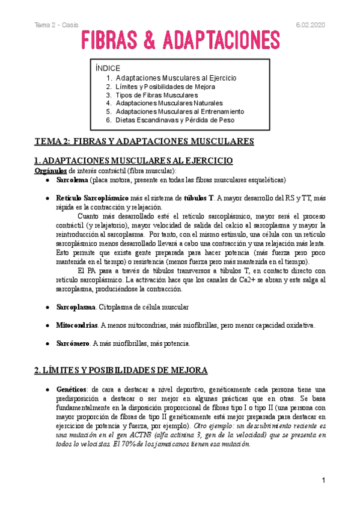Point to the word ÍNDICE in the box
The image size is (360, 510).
(108, 68)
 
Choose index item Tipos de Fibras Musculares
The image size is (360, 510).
(156, 95)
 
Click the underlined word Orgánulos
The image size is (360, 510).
(50, 171)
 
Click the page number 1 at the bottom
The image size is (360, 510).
(323, 480)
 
